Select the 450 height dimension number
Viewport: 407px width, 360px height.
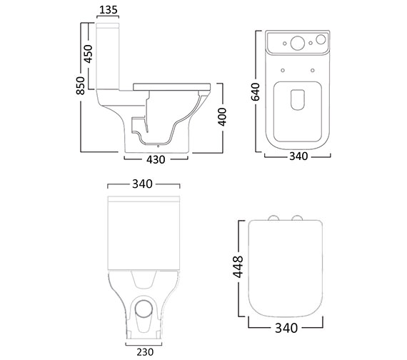click(x=89, y=54)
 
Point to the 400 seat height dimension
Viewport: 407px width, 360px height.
click(x=222, y=116)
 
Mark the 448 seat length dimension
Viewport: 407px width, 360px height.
click(x=239, y=266)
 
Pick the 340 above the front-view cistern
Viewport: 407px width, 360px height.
click(x=143, y=184)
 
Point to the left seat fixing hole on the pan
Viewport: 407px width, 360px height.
click(x=283, y=70)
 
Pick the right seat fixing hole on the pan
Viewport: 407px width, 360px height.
click(x=313, y=70)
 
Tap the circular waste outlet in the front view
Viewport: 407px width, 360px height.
click(x=143, y=309)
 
